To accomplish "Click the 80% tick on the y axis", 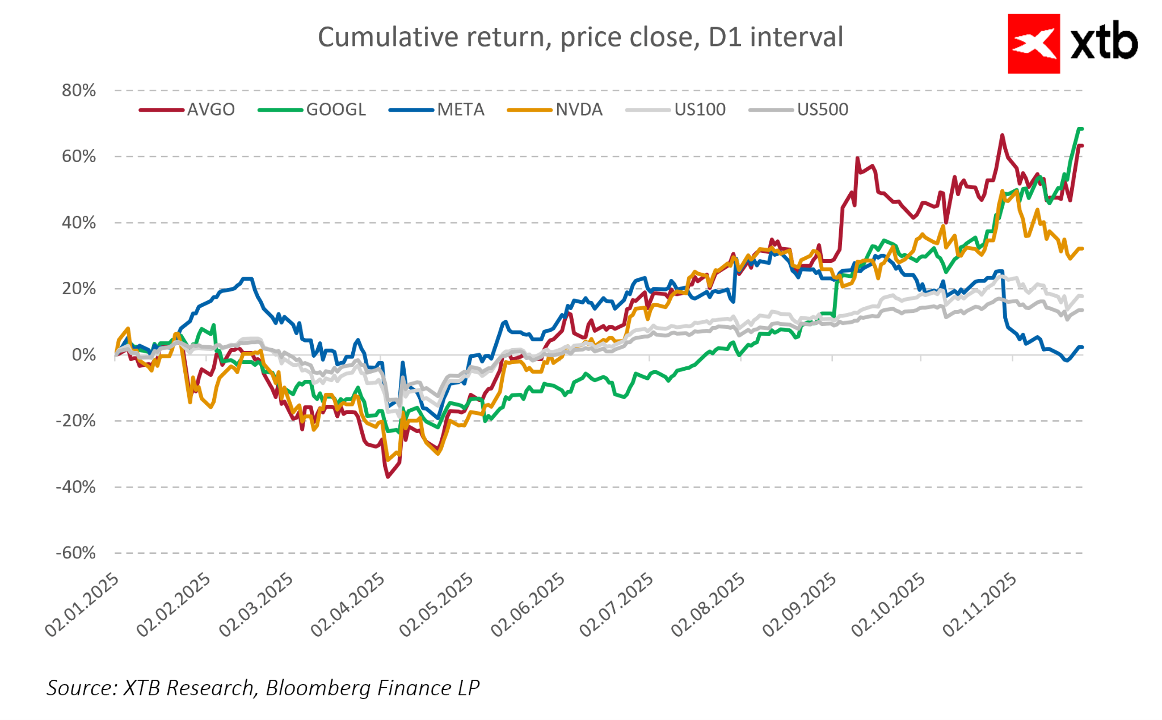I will click(x=79, y=91).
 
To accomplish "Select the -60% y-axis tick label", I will click(x=75, y=553).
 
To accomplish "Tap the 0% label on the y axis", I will click(x=83, y=355).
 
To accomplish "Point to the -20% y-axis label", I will click(x=75, y=421).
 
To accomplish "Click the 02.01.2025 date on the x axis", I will click(x=83, y=605).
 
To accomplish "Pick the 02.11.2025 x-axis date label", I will click(x=980, y=605).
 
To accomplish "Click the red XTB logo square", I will click(x=1033, y=44).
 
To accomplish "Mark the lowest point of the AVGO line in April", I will click(x=388, y=477).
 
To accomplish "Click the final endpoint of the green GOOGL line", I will click(x=1081, y=129).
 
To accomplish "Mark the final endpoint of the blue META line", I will click(x=1081, y=347).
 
